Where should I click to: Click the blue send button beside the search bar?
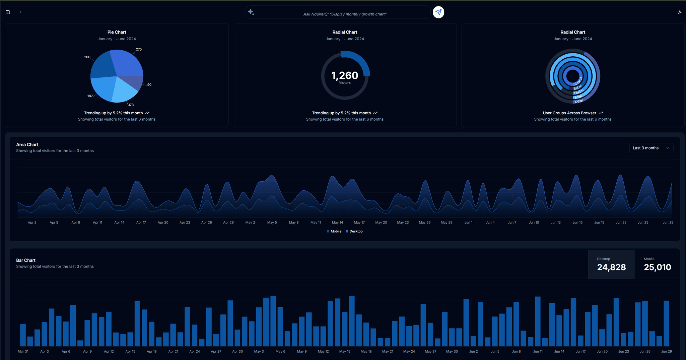click(438, 12)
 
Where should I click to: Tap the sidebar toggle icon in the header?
click(8, 12)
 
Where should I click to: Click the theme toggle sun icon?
click(679, 12)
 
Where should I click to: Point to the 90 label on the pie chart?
click(149, 85)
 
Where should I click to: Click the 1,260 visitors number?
click(345, 76)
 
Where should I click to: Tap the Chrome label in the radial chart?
click(578, 81)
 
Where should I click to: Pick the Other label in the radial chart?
click(579, 101)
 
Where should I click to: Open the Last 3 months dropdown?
click(651, 148)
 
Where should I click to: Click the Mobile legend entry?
click(334, 231)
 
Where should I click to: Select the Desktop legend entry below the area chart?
click(354, 231)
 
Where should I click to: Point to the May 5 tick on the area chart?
click(272, 223)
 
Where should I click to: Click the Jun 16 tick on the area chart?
click(577, 223)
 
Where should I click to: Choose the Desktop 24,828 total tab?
click(611, 264)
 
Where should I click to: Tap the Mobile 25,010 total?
click(657, 264)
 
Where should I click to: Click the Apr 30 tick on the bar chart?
click(237, 351)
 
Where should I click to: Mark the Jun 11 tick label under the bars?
click(538, 351)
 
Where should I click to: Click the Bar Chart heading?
click(26, 260)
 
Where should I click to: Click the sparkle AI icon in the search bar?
click(251, 12)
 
